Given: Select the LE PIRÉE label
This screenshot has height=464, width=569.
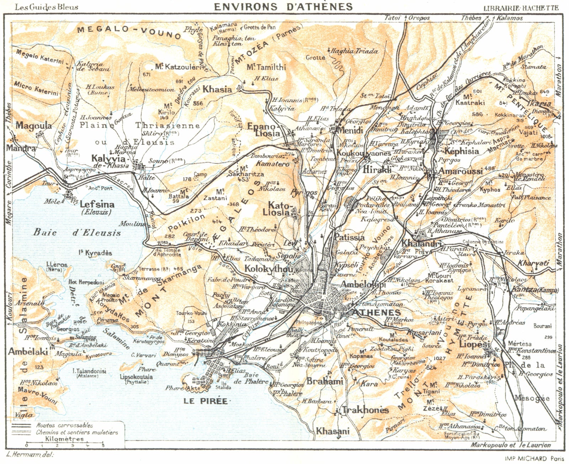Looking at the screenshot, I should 205,401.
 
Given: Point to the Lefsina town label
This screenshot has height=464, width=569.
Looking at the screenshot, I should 97,204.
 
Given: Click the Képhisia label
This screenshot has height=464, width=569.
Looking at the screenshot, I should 462,151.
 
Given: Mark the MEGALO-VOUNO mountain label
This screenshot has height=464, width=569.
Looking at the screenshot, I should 129,32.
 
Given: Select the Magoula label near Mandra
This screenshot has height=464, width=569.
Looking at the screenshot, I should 34,126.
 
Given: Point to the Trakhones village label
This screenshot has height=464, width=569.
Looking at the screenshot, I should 365,410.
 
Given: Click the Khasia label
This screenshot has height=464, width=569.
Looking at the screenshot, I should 217,89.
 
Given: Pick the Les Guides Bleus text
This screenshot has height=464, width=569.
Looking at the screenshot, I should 47,6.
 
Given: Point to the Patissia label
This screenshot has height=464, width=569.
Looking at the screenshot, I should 349,237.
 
